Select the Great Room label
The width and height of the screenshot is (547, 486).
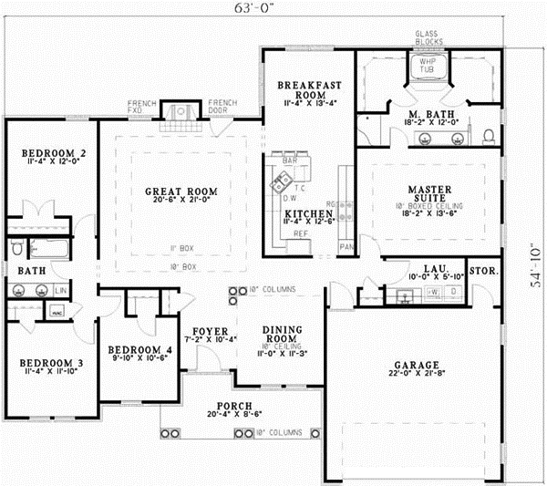tap(181, 192)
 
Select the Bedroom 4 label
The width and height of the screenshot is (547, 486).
tap(139, 349)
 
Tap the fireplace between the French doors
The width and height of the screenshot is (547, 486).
tap(180, 112)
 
